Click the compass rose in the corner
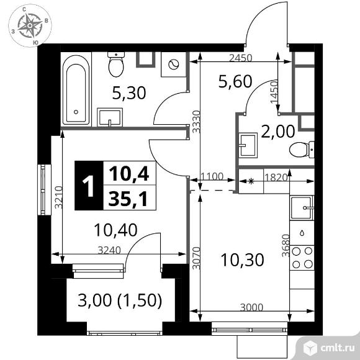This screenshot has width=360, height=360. pyautogui.click(x=30, y=25)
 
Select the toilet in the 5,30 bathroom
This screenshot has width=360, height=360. pyautogui.click(x=116, y=65)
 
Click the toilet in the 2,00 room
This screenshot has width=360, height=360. pyautogui.click(x=302, y=150)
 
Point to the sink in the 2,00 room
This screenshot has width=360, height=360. pyautogui.click(x=248, y=145)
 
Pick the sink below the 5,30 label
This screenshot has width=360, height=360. pyautogui.click(x=110, y=117)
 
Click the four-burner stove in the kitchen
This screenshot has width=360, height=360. pyautogui.click(x=302, y=258)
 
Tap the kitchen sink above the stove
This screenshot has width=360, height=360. pyautogui.click(x=302, y=208)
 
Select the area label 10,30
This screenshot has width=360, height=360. pyautogui.click(x=242, y=260)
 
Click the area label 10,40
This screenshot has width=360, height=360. pyautogui.click(x=115, y=230)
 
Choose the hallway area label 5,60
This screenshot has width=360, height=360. pyautogui.click(x=235, y=81)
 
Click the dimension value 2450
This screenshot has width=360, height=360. pyautogui.click(x=241, y=58)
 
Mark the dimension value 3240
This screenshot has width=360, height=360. pyautogui.click(x=109, y=250)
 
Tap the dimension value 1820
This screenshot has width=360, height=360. pyautogui.click(x=276, y=178)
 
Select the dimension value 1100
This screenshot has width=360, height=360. pyautogui.click(x=212, y=176)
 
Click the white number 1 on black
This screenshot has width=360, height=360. pyautogui.click(x=89, y=186)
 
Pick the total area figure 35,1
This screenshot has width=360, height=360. pyautogui.click(x=128, y=199)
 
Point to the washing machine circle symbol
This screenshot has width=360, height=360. pyautogui.click(x=173, y=65)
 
